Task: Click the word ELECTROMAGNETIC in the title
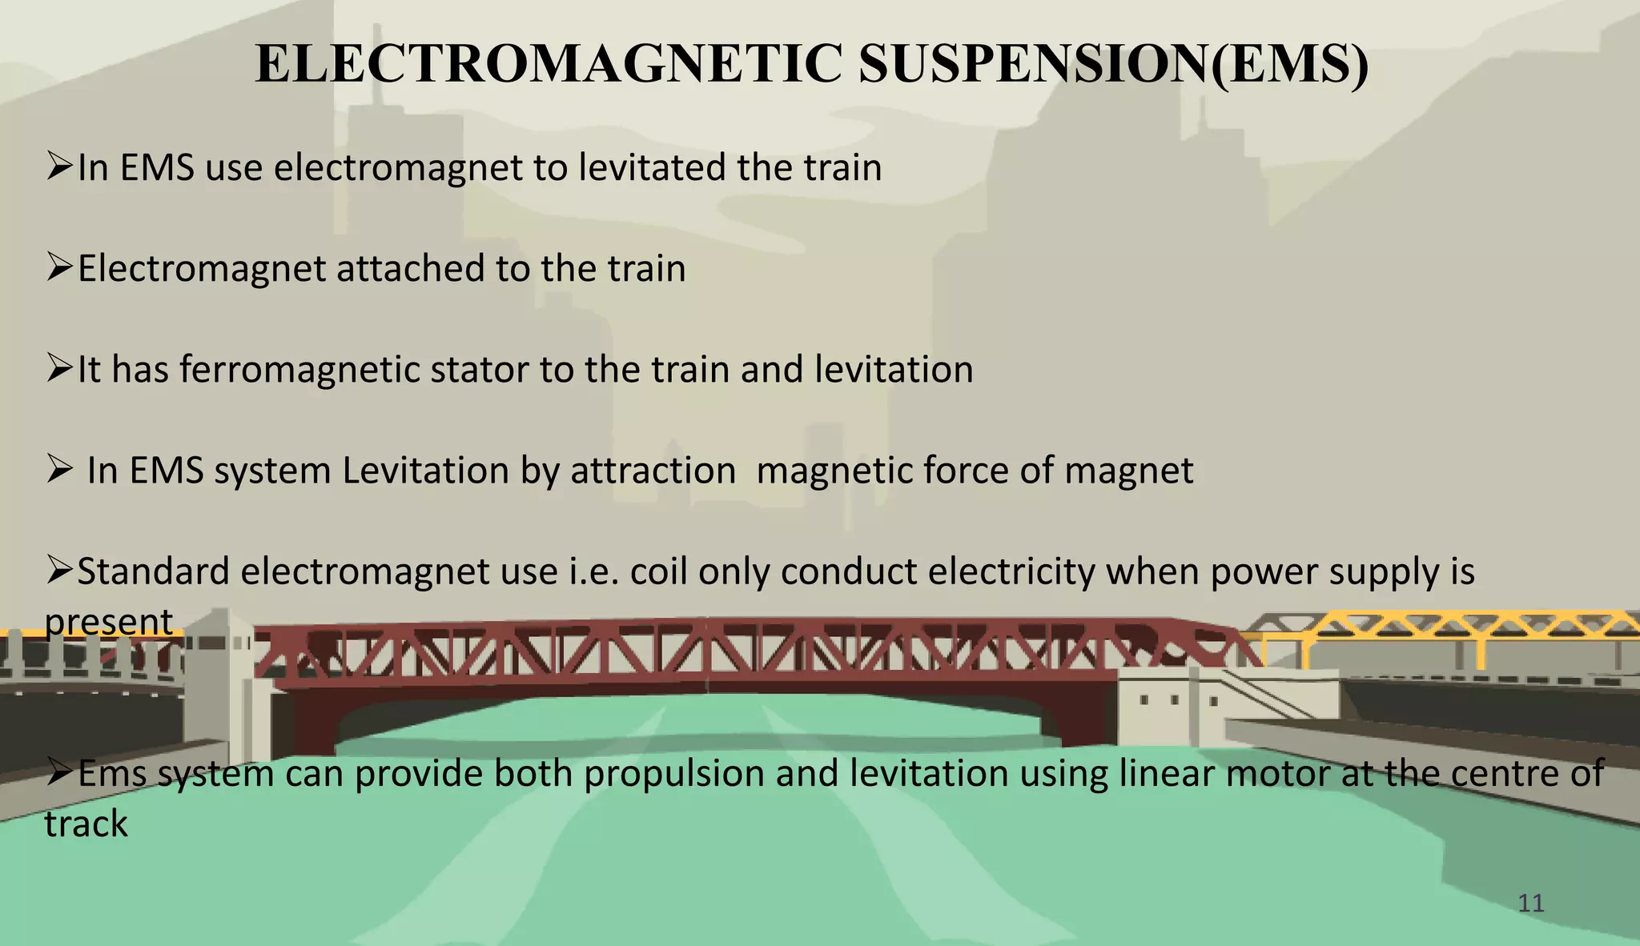click(548, 64)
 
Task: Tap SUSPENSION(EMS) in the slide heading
click(1114, 64)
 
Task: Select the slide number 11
click(1530, 904)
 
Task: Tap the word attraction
click(653, 471)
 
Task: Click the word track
click(86, 824)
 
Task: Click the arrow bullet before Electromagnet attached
click(60, 267)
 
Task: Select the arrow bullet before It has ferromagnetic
click(60, 368)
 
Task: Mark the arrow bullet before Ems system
click(60, 772)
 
